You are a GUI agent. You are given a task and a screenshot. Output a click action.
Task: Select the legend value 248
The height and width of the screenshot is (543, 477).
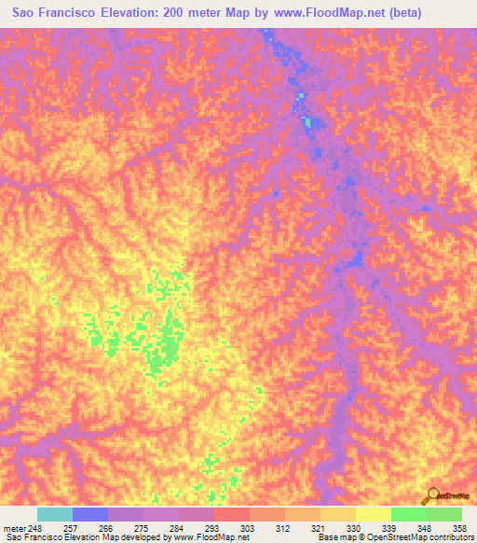point(36,528)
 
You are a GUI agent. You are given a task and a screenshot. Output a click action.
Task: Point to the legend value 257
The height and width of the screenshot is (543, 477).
point(72,528)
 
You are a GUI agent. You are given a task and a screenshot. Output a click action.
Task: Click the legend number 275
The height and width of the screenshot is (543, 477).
point(143,528)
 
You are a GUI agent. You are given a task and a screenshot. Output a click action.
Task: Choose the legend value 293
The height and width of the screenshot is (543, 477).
point(213,528)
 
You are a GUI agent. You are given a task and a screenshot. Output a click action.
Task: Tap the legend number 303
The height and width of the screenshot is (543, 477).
point(249,528)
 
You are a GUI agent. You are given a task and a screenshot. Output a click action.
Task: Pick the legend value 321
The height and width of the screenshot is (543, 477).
point(320,528)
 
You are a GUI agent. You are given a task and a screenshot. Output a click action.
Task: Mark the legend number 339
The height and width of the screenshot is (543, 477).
point(390,528)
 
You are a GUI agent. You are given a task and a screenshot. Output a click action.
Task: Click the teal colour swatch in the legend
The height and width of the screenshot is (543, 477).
point(54,514)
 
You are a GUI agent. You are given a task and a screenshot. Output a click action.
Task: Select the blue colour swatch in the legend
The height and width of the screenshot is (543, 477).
point(89,514)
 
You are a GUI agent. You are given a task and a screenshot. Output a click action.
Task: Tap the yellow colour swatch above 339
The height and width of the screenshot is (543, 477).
point(373,514)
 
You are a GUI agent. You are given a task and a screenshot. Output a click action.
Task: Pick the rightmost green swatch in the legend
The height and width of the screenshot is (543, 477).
point(443,514)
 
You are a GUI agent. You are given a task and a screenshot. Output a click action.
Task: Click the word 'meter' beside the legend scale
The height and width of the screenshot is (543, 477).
point(14,528)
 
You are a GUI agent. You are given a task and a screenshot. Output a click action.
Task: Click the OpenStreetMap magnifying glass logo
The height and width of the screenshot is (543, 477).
point(431,495)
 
